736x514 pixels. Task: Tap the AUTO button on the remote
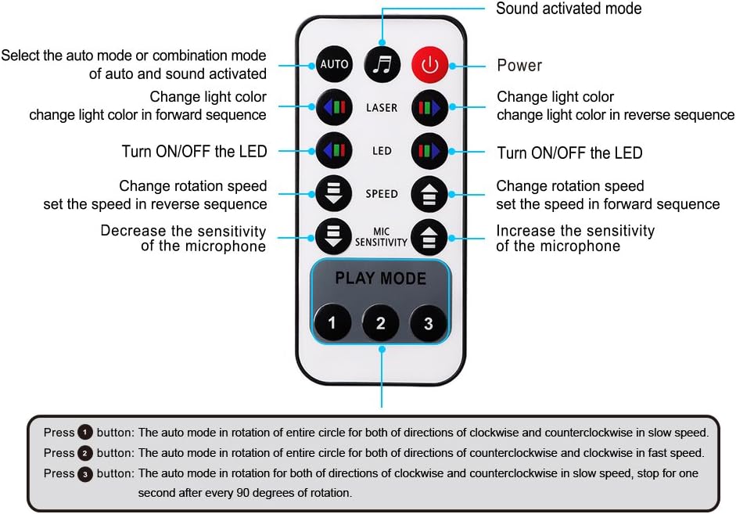pyautogui.click(x=334, y=64)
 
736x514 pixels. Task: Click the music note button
pyautogui.click(x=382, y=64)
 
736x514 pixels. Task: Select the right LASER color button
pyautogui.click(x=429, y=107)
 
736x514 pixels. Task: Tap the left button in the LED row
pyautogui.click(x=334, y=150)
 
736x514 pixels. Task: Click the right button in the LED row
pyautogui.click(x=429, y=150)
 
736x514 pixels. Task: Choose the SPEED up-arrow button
pyautogui.click(x=429, y=194)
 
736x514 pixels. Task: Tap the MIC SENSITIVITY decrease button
pyautogui.click(x=334, y=235)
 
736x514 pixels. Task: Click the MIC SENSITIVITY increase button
pyautogui.click(x=429, y=236)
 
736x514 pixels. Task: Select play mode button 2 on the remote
pyautogui.click(x=381, y=322)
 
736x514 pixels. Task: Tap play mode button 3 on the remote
pyautogui.click(x=429, y=322)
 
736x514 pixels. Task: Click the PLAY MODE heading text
pyautogui.click(x=381, y=279)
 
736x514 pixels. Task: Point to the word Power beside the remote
pyautogui.click(x=519, y=65)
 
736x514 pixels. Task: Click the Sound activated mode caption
pyautogui.click(x=569, y=9)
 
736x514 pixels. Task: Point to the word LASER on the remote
pyautogui.click(x=382, y=107)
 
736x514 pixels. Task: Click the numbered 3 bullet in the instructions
pyautogui.click(x=84, y=473)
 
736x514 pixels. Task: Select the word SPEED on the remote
pyautogui.click(x=382, y=194)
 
